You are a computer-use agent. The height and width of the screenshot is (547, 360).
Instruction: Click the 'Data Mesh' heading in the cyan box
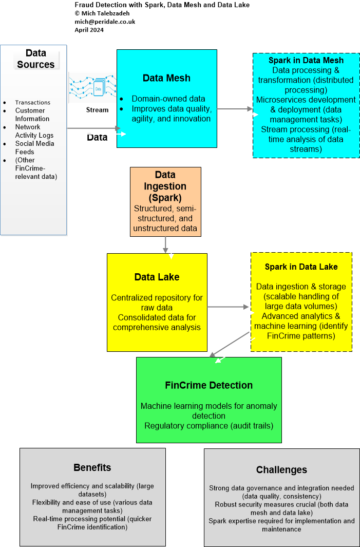[x=166, y=78]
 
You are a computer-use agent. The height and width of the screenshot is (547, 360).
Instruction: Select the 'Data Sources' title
[x=35, y=59]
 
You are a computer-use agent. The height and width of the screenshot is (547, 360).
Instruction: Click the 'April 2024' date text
[x=89, y=30]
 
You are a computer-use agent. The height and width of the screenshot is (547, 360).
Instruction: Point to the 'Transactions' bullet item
[x=32, y=102]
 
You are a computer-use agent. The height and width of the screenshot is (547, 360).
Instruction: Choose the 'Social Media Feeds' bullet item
[x=34, y=147]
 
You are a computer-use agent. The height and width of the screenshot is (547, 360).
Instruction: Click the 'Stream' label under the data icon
[x=97, y=109]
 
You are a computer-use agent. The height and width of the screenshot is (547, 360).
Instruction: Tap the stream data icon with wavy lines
[x=93, y=87]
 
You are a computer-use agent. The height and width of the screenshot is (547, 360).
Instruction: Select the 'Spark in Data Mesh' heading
[x=306, y=60]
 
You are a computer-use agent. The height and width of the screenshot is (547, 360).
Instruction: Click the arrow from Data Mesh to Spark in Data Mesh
[x=235, y=109]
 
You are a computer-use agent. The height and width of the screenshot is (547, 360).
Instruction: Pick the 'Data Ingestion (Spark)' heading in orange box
[x=165, y=186]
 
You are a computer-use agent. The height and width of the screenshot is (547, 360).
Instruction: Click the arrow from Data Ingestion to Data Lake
[x=165, y=244]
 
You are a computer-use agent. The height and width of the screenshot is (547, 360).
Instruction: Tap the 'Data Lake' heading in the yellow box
[x=157, y=277]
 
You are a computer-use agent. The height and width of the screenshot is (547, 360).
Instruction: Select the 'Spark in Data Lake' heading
[x=301, y=267]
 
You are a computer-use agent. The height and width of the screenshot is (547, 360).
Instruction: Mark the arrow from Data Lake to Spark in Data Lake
[x=228, y=307]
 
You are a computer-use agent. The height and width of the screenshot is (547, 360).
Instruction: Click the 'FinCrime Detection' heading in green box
[x=209, y=385]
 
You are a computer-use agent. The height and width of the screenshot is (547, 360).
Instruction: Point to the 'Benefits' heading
[x=92, y=467]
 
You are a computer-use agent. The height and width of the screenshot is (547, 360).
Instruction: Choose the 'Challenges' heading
[x=281, y=469]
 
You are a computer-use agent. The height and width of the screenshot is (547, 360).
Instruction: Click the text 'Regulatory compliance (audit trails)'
[x=209, y=425]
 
